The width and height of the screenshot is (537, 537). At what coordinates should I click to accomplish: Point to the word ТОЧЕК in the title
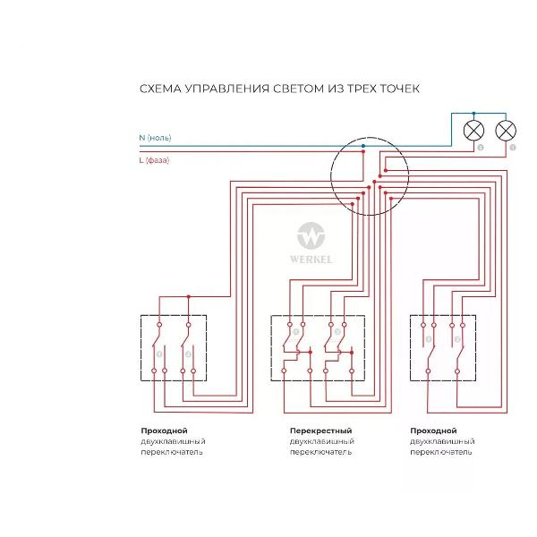(x=400, y=89)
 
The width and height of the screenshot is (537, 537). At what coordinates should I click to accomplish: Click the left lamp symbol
(x=473, y=131)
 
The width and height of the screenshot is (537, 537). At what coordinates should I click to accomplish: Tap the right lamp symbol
(x=506, y=131)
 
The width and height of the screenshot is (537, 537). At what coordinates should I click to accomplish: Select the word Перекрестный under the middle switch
(x=320, y=430)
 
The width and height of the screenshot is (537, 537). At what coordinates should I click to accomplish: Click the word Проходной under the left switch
(x=163, y=430)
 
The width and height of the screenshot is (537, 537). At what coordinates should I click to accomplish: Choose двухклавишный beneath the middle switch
(x=321, y=441)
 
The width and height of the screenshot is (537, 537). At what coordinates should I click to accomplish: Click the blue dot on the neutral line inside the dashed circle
(x=363, y=143)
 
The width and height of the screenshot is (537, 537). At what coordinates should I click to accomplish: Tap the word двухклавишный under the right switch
(x=442, y=441)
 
